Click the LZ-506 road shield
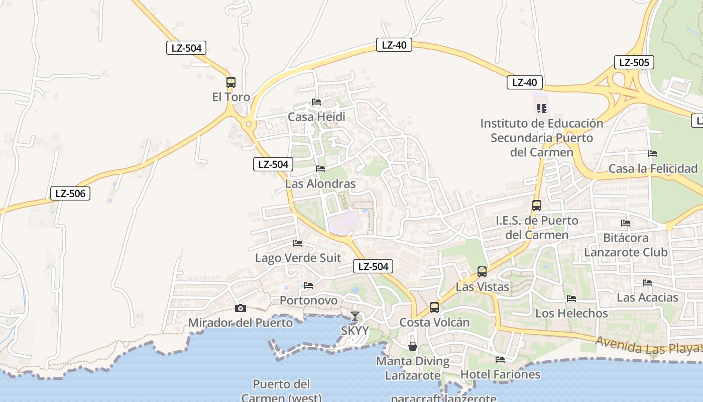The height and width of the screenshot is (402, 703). [70, 193]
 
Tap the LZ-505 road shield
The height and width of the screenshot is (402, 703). [634, 63]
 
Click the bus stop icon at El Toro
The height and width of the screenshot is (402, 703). [231, 82]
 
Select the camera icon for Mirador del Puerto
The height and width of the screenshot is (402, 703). [241, 308]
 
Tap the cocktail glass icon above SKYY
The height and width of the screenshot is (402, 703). [355, 316]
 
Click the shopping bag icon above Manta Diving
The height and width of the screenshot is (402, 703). [413, 346]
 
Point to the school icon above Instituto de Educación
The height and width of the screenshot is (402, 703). [541, 109]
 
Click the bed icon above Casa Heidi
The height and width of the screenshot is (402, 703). [316, 102]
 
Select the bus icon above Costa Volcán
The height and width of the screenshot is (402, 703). [434, 307]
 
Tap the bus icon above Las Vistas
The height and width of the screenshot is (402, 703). [482, 272]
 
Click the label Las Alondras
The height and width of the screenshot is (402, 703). [320, 184]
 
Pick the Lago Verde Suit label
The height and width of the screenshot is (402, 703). [298, 258]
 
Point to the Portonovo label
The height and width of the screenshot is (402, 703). [308, 300]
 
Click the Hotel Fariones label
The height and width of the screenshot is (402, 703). [500, 374]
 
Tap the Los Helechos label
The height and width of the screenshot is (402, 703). [571, 314]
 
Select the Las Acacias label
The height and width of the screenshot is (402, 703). [647, 297]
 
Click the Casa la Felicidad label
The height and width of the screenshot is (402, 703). [653, 169]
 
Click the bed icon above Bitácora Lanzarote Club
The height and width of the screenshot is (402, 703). [626, 223]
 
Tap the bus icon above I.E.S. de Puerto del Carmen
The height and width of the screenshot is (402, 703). [537, 206]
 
